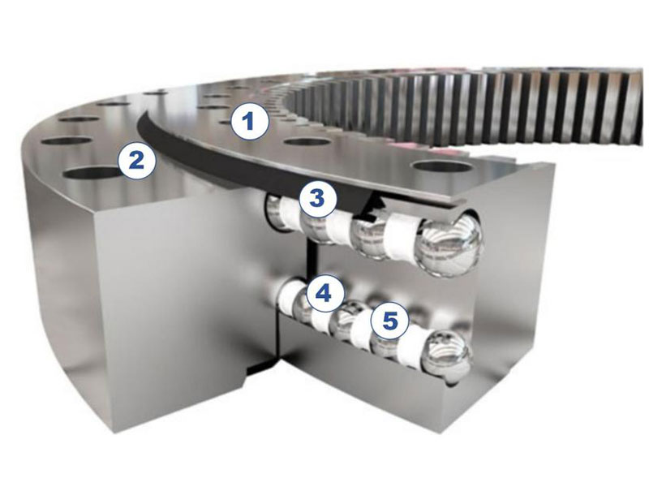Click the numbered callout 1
[x=249, y=120]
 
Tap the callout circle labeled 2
[x=137, y=160]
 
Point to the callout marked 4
[x=324, y=294]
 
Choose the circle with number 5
[x=390, y=320]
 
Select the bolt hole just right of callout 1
[x=307, y=142]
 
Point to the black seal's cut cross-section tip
[x=372, y=205]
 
